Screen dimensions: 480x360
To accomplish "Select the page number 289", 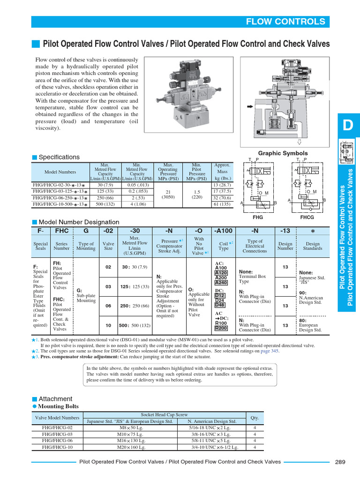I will point(340,462).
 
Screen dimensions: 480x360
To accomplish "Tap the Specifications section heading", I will point(59,157).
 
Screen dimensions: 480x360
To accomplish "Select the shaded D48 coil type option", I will point(220,305).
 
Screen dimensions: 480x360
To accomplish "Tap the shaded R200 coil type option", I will point(221,328).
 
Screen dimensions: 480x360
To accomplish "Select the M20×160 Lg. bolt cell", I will point(130,447).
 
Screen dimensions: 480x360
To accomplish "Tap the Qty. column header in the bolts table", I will point(255,418).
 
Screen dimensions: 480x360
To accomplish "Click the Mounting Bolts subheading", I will point(59,406).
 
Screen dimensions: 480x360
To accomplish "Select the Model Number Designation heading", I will point(78,222).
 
